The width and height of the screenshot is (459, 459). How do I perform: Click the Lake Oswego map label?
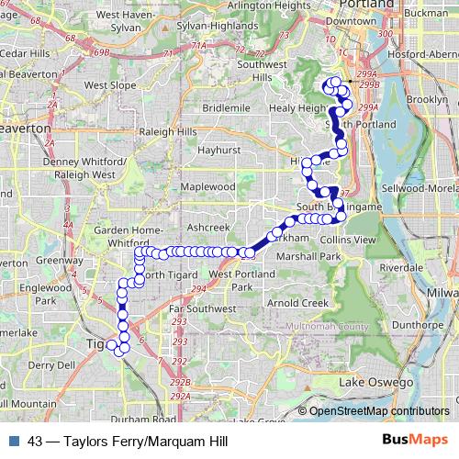point(373,382)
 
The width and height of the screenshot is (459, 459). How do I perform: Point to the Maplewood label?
point(208,186)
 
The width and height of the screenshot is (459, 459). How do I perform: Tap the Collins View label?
point(349,239)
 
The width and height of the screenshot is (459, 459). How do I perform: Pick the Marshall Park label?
point(308,256)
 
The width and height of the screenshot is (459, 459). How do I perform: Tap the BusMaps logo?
point(414,440)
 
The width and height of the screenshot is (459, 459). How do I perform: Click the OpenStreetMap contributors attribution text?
point(379,410)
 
